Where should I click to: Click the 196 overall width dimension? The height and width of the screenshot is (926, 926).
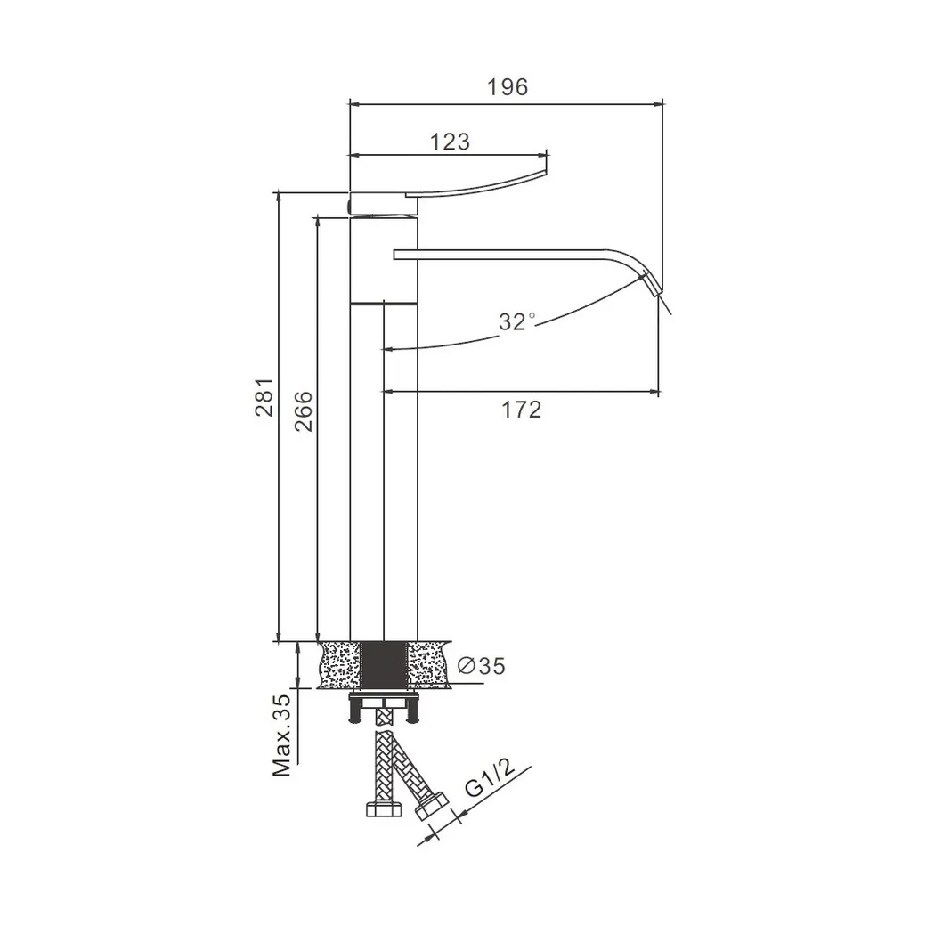(x=508, y=87)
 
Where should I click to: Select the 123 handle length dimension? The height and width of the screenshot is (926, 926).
(x=450, y=142)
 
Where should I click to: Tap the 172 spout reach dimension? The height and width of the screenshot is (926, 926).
(x=522, y=410)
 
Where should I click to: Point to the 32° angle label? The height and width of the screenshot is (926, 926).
(x=516, y=321)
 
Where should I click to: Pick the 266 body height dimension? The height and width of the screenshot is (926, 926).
(x=303, y=411)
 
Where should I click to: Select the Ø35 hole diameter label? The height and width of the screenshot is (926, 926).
(x=482, y=666)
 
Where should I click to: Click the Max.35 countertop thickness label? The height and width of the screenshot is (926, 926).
(x=281, y=735)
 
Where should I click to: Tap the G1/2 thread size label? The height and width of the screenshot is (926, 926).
(x=491, y=778)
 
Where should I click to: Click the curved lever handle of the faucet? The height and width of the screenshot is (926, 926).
(x=476, y=184)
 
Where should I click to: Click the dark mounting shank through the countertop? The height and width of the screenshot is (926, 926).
(x=384, y=665)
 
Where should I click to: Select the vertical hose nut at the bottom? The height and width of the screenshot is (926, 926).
(x=385, y=808)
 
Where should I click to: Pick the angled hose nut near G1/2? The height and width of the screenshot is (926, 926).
(x=432, y=806)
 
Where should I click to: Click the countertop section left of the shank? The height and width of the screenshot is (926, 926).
(x=339, y=665)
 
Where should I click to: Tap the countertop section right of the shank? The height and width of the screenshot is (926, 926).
(x=429, y=665)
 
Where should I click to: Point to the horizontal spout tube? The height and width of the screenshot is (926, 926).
(x=502, y=255)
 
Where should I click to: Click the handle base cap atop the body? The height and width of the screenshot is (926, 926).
(x=384, y=203)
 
